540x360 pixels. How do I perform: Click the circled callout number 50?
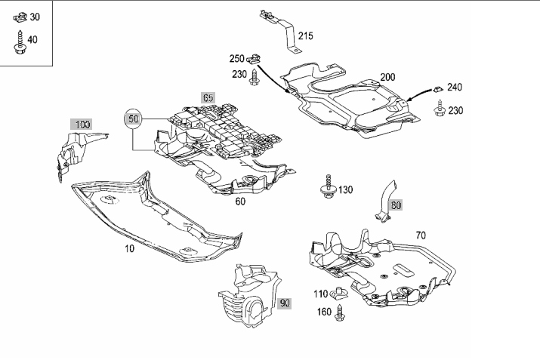133,118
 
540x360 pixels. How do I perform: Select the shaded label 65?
208,98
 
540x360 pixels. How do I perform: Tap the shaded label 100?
82,125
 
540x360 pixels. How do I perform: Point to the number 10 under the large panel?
129,248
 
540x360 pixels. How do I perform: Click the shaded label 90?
285,303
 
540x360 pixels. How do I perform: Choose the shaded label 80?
396,205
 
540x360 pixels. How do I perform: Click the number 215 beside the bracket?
306,35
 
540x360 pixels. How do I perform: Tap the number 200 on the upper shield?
387,77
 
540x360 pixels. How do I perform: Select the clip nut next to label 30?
20,17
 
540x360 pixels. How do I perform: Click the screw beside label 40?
20,42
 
